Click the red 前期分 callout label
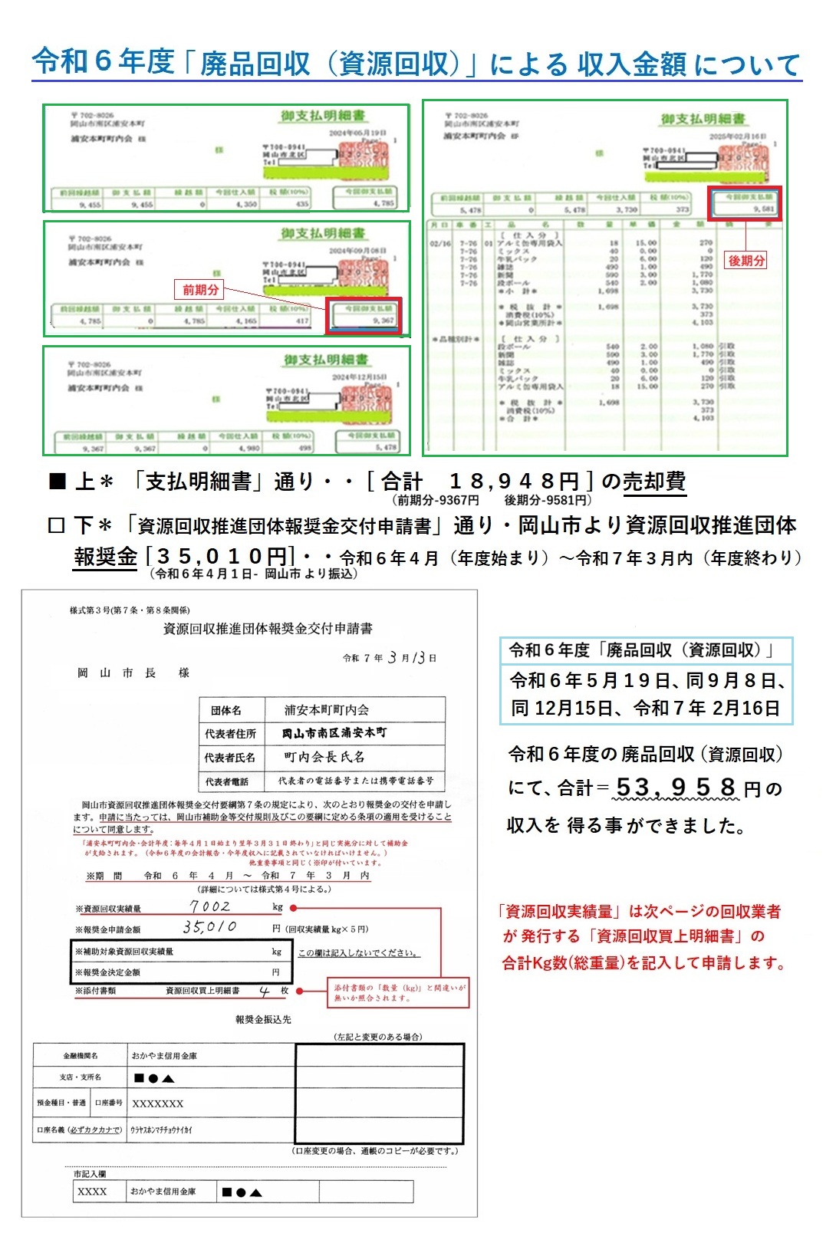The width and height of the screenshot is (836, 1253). [x=200, y=289]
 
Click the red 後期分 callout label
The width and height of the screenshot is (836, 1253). [x=746, y=261]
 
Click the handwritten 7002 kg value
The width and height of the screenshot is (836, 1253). [x=210, y=906]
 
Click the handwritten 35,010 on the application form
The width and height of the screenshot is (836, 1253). [x=209, y=927]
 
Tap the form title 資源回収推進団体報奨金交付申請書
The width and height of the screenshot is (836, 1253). [x=268, y=629]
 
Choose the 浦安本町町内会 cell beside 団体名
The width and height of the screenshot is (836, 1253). [x=327, y=710]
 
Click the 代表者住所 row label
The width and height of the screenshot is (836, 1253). [x=230, y=734]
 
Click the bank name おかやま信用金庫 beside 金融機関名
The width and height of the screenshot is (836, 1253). [x=164, y=1056]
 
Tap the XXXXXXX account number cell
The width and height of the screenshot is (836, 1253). [x=158, y=1103]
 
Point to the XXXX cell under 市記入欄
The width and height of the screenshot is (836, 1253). [x=92, y=1192]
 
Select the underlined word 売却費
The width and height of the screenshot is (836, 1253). [x=653, y=482]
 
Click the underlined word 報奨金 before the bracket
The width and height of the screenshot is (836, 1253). [x=105, y=556]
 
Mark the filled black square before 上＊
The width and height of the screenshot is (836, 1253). [x=58, y=482]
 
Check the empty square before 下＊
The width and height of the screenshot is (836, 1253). [x=56, y=526]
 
